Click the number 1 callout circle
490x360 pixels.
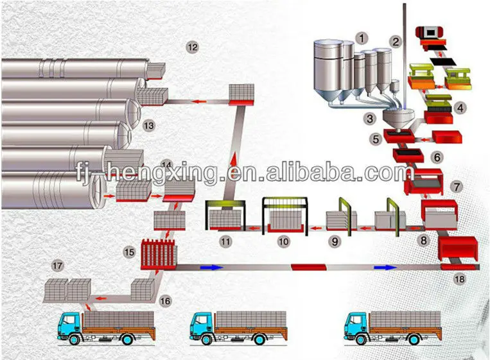(x=363, y=39)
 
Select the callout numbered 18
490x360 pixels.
(x=458, y=279)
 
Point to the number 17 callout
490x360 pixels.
(x=58, y=265)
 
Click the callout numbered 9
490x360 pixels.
(x=334, y=241)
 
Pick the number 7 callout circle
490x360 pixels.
(x=457, y=187)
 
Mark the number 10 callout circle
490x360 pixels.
(x=283, y=241)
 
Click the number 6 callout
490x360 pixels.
(x=437, y=157)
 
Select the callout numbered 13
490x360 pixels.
(x=149, y=126)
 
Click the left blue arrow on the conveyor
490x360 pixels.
(x=212, y=266)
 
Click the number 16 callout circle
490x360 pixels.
(x=165, y=300)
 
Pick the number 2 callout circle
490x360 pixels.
(x=396, y=42)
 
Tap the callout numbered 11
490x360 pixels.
(x=224, y=241)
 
